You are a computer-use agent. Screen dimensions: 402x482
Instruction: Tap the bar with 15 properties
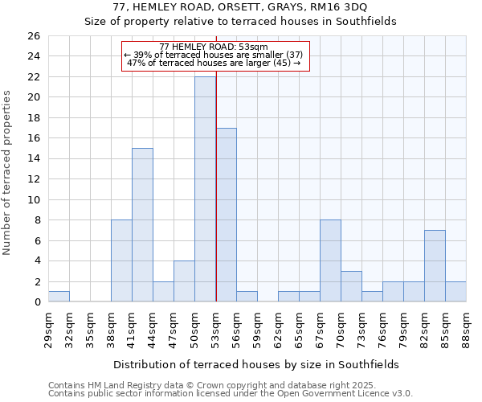142,225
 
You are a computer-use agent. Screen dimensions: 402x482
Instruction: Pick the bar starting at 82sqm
435,266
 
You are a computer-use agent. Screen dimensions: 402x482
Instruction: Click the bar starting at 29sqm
59,297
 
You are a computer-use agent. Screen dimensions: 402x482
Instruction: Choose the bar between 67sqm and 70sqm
330,260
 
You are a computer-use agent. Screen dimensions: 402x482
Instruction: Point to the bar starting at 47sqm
184,281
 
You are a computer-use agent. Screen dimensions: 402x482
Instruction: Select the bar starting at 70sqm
351,286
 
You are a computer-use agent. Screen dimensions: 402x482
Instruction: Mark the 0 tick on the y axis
36,302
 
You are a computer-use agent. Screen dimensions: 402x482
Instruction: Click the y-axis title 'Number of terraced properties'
8,172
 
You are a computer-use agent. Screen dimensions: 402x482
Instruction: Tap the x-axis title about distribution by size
256,364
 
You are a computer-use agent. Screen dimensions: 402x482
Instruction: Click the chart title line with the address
241,7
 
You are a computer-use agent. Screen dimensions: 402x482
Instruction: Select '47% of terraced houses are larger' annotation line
214,63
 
